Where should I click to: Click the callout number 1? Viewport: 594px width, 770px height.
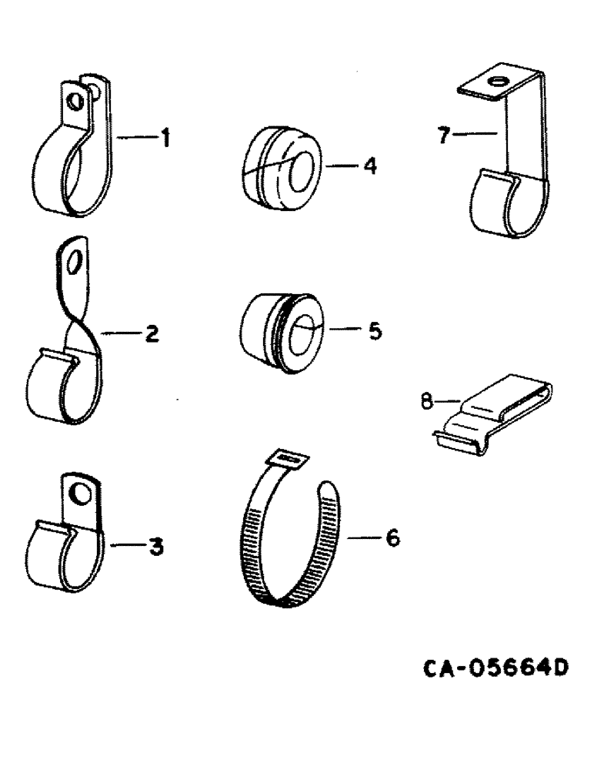[164, 139]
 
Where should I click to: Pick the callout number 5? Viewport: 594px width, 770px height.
[374, 331]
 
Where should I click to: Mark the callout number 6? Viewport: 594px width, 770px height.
[392, 538]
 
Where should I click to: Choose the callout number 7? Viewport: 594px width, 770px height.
[442, 136]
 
